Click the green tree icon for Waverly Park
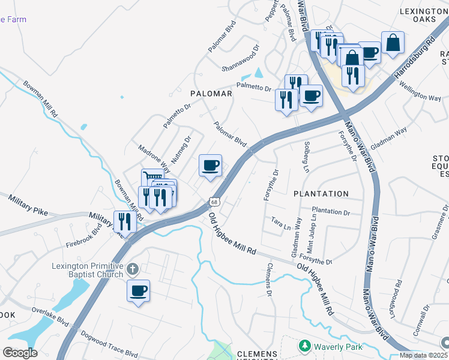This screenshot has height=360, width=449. pyautogui.click(x=305, y=346)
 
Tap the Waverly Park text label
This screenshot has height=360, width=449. pyautogui.click(x=337, y=346)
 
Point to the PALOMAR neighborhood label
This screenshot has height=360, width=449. pyautogui.click(x=211, y=94)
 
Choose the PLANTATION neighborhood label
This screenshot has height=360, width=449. pyautogui.click(x=321, y=194)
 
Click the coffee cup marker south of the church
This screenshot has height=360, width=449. pyautogui.click(x=138, y=291)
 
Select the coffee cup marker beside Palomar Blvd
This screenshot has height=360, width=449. pyautogui.click(x=210, y=166)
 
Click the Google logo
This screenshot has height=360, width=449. pyautogui.click(x=20, y=352)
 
